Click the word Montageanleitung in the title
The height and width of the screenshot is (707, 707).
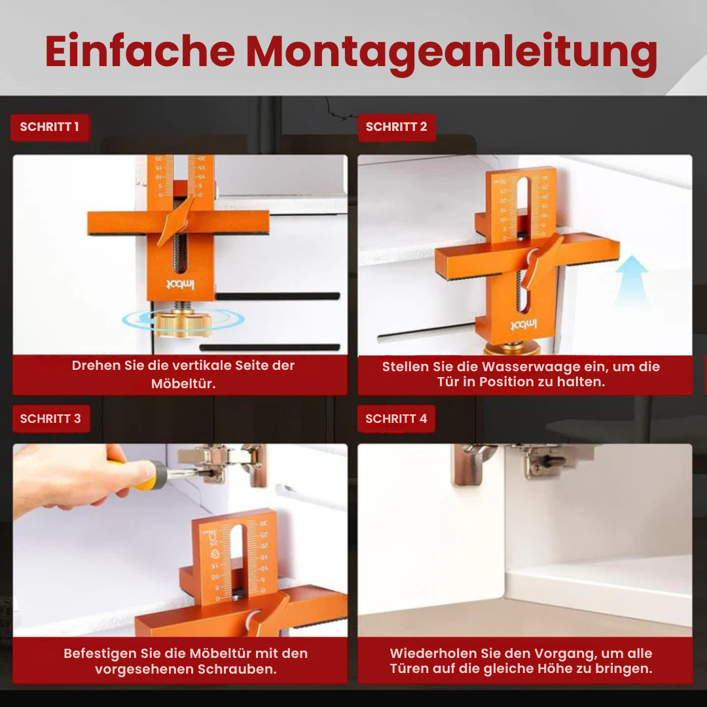451,52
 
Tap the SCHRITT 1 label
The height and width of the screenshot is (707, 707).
49,127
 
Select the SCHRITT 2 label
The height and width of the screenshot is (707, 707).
396,127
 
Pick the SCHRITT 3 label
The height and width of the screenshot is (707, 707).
50,419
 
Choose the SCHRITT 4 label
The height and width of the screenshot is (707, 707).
396,419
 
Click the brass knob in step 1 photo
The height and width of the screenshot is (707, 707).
183,321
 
